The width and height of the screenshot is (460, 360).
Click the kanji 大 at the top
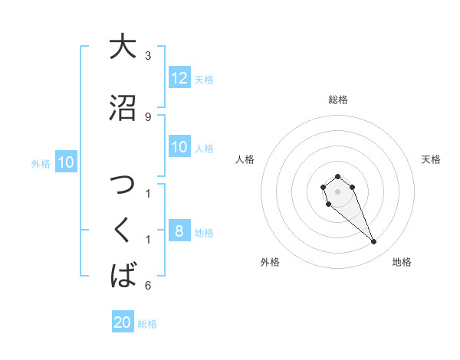pyautogui.click(x=123, y=47)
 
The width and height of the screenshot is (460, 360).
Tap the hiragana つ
pyautogui.click(x=123, y=186)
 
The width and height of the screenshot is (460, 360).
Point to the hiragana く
pyautogui.click(x=123, y=231)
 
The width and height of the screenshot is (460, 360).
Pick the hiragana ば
pyautogui.click(x=123, y=275)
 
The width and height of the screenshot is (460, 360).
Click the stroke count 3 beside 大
pyautogui.click(x=148, y=56)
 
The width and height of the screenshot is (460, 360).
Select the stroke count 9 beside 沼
pyautogui.click(x=148, y=116)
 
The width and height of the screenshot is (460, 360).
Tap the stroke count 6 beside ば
pyautogui.click(x=148, y=286)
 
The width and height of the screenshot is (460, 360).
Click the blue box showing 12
pyautogui.click(x=179, y=78)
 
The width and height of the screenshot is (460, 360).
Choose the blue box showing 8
pyautogui.click(x=179, y=231)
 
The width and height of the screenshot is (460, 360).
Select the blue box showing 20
pyautogui.click(x=123, y=322)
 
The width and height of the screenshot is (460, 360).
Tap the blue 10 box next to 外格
pyautogui.click(x=66, y=162)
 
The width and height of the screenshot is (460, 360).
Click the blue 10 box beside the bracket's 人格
pyautogui.click(x=179, y=147)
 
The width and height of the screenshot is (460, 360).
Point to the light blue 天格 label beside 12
pyautogui.click(x=204, y=79)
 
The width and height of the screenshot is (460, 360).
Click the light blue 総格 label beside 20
pyautogui.click(x=147, y=324)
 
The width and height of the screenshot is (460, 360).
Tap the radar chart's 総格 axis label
pyautogui.click(x=337, y=100)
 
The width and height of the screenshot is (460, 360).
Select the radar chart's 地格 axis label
pyautogui.click(x=402, y=262)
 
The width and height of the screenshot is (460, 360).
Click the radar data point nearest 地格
pyautogui.click(x=374, y=242)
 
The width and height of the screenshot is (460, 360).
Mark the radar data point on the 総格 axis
pyautogui.click(x=337, y=176)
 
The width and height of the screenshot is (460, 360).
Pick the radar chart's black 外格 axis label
pyautogui.click(x=270, y=262)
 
